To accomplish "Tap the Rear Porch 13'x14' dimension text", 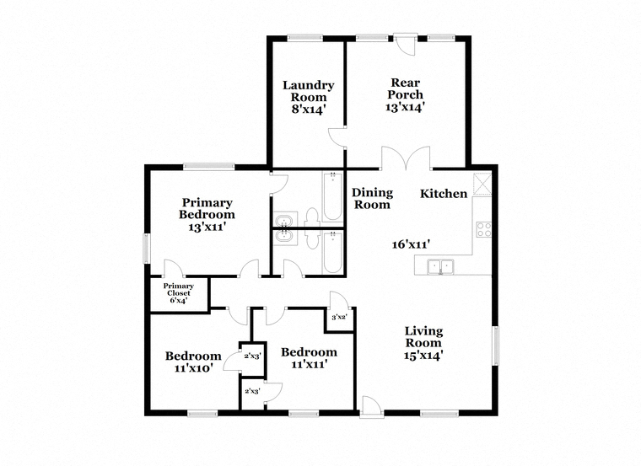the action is [405, 107].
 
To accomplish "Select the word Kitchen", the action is [444, 194].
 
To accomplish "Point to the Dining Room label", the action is [373, 199].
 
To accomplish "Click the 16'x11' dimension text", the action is [411, 244].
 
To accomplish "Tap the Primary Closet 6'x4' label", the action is [179, 293].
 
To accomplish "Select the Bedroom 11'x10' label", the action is [193, 362].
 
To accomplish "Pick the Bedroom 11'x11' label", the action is [309, 358].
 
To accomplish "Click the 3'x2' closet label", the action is [339, 317].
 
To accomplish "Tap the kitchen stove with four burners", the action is [483, 229].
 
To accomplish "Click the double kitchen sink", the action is [440, 266].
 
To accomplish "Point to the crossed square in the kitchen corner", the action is [482, 185].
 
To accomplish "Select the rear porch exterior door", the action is [405, 45].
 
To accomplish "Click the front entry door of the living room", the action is [372, 407].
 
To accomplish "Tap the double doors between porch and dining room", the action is [406, 158].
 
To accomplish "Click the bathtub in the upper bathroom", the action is [333, 197].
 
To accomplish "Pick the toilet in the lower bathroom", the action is [313, 240].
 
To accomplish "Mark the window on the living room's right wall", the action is [495, 345].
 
